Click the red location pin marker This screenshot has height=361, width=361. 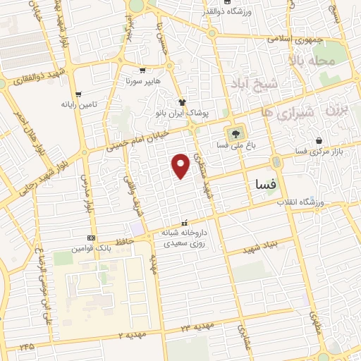[182, 165]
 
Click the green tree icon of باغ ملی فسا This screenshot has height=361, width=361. [235, 132]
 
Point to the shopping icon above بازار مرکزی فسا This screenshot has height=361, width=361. [320, 140]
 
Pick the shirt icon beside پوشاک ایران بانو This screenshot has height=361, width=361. [182, 102]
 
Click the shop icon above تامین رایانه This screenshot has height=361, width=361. [78, 93]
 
